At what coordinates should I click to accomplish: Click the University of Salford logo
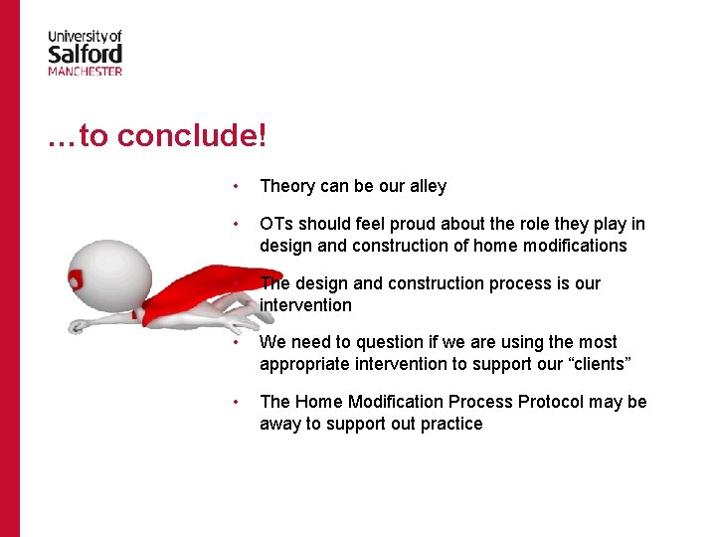pyautogui.click(x=86, y=53)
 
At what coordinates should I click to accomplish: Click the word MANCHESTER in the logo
pyautogui.click(x=86, y=71)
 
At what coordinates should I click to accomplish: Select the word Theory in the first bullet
pyautogui.click(x=286, y=186)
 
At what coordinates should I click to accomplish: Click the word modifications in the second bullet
pyautogui.click(x=577, y=246)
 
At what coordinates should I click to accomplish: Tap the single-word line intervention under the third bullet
pyautogui.click(x=305, y=305)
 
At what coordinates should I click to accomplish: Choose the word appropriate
pyautogui.click(x=304, y=364)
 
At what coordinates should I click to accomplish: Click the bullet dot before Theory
pyautogui.click(x=234, y=186)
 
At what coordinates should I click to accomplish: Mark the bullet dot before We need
pyautogui.click(x=234, y=342)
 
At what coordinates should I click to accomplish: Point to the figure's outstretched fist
pyautogui.click(x=77, y=326)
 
